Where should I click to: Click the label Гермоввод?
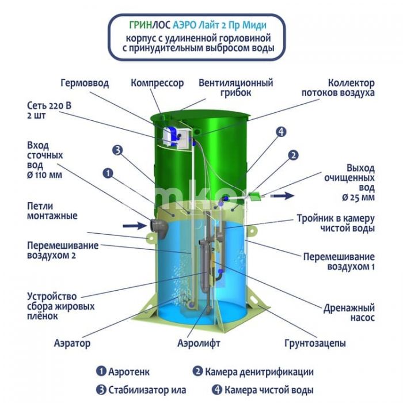[85, 83]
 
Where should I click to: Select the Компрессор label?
[157, 83]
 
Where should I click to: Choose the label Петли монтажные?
[52, 211]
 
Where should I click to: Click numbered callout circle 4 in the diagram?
[280, 132]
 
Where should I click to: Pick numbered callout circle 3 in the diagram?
[117, 150]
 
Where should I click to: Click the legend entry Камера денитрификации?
[253, 371]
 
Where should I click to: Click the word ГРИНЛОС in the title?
[149, 26]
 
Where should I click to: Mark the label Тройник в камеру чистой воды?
[336, 223]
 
